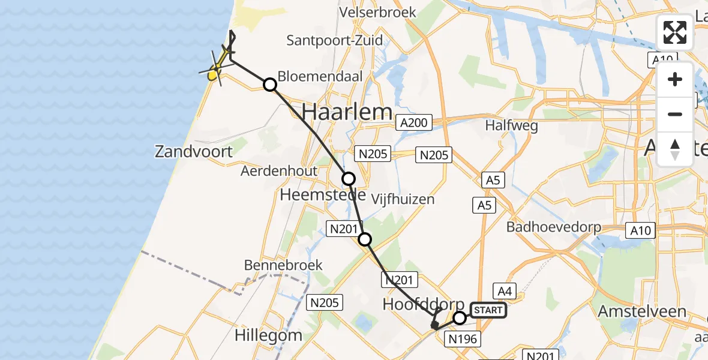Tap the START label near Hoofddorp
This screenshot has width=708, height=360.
click(x=488, y=310)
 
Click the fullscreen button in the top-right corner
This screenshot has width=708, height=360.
click(x=675, y=32)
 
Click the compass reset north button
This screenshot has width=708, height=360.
click(x=675, y=149)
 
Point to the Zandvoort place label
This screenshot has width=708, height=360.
click(x=193, y=151)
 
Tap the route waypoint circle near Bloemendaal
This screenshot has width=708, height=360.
click(x=270, y=85)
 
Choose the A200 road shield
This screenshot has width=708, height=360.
click(x=413, y=124)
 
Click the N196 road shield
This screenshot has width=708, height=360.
click(x=463, y=340)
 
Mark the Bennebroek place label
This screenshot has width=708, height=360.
click(x=283, y=265)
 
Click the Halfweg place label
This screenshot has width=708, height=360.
click(x=512, y=126)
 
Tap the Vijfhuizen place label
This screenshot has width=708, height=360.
click(x=403, y=199)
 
